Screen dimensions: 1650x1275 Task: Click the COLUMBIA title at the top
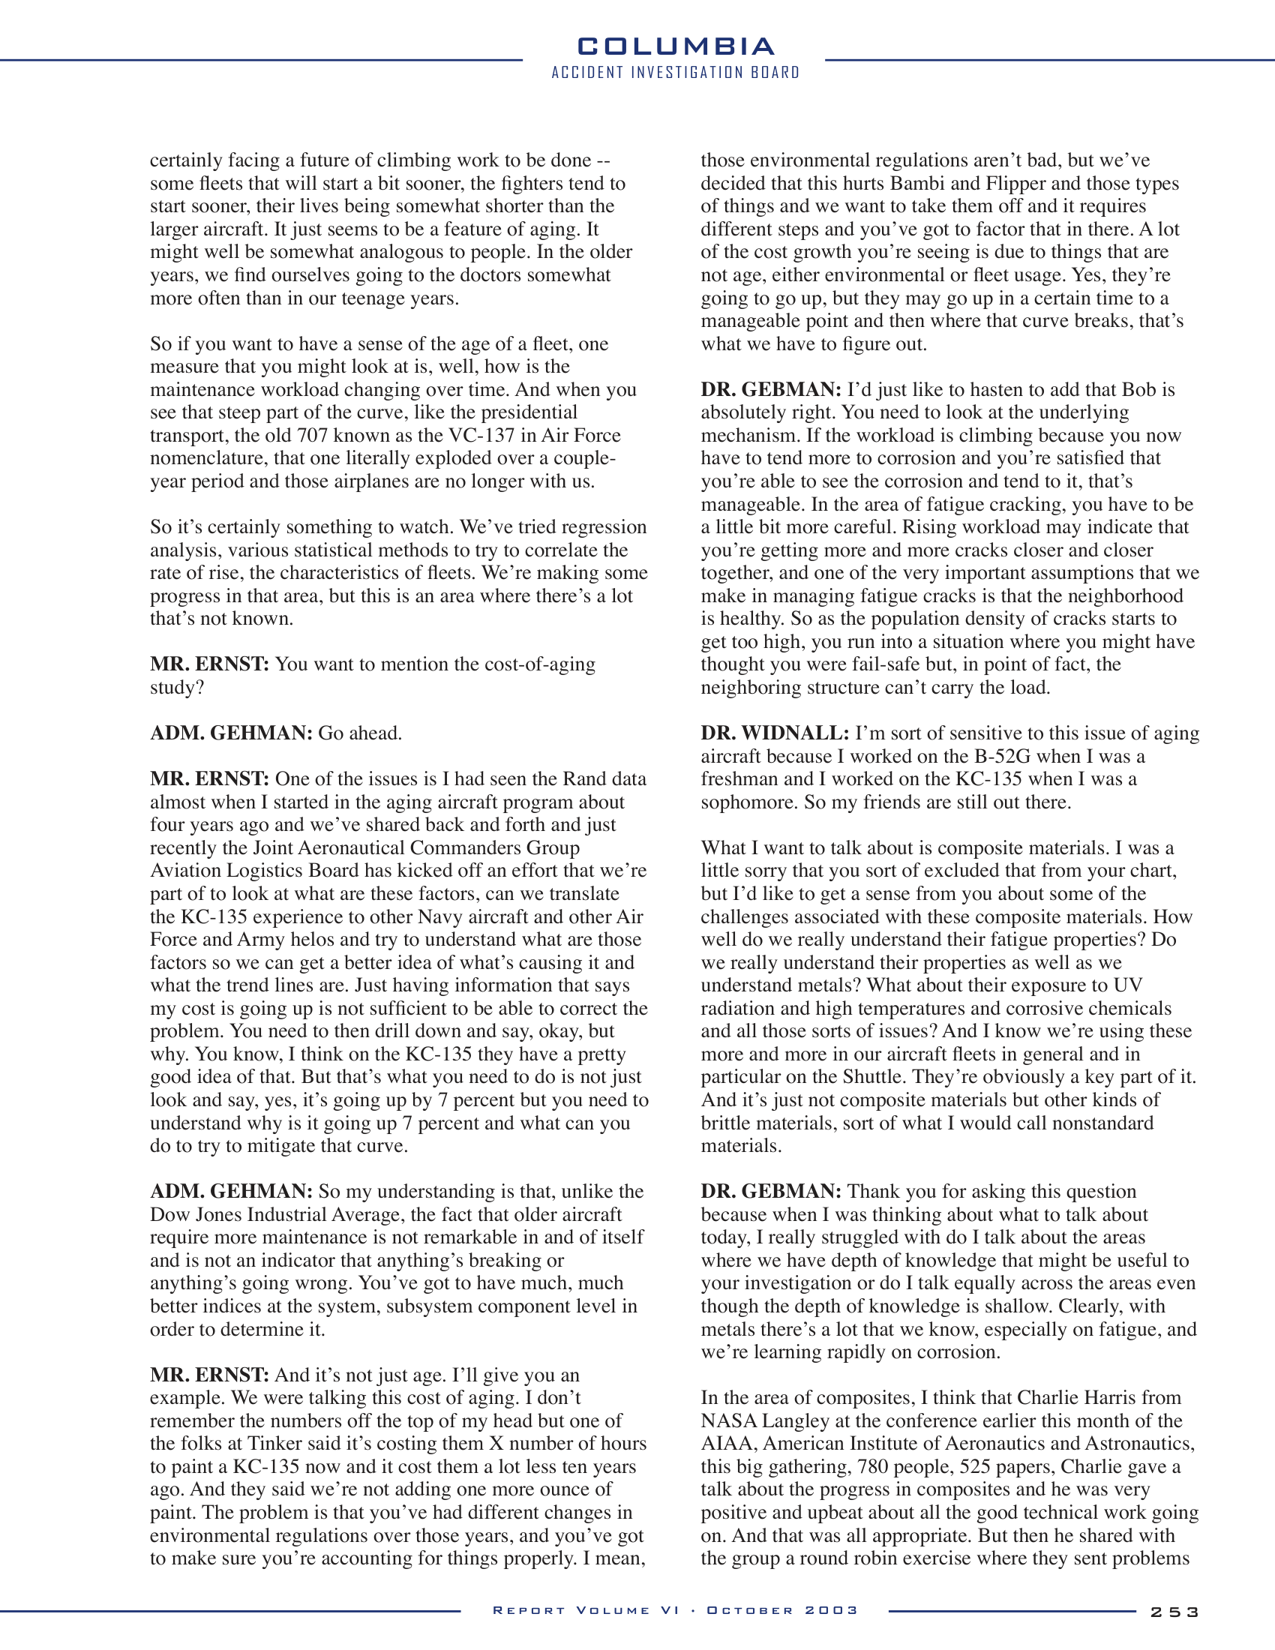pyautogui.click(x=675, y=46)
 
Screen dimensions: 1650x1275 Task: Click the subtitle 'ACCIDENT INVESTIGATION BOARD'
pyautogui.click(x=675, y=73)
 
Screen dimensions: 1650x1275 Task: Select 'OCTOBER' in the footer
pyautogui.click(x=750, y=1610)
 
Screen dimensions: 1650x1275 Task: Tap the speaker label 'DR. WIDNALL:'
pyautogui.click(x=774, y=733)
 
